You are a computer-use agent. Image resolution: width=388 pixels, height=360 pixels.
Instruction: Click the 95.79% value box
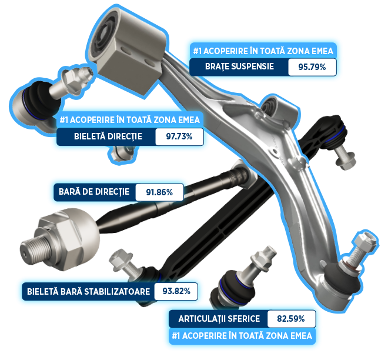coord(312,67)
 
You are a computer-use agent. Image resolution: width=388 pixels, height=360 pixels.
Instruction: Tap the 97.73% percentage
coord(179,136)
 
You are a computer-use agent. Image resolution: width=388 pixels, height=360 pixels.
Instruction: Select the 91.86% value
coord(159,192)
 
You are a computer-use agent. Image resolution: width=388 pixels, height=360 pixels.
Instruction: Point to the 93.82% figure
coord(176,291)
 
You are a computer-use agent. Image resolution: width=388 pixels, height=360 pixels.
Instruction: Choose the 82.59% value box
coord(291,319)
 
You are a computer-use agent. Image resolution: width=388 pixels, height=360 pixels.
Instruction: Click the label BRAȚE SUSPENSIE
coord(239,66)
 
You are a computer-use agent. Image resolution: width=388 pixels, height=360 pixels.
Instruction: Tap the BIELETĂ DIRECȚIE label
coord(108,136)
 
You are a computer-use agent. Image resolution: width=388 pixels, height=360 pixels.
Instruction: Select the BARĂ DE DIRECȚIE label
coord(94,192)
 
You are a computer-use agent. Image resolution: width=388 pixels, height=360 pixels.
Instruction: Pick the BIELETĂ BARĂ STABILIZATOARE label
coord(88,291)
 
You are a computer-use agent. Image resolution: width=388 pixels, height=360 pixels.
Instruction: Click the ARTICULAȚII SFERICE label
coord(219,319)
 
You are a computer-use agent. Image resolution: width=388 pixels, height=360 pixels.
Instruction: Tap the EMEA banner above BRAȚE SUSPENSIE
coord(263,51)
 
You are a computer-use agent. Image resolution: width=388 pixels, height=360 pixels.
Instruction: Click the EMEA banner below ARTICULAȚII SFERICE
coord(242,336)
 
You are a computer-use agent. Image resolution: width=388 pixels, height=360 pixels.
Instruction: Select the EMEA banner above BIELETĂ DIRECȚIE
coord(130,120)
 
